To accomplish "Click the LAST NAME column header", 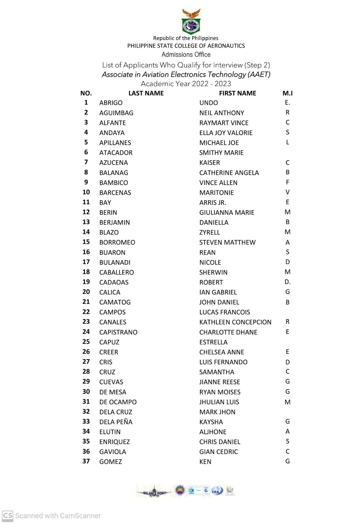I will (146, 93).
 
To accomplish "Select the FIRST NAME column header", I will (237, 93).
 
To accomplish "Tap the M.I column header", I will (287, 93).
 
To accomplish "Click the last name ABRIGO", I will (111, 103).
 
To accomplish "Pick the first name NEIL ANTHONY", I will (221, 113).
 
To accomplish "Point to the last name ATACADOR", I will (116, 153).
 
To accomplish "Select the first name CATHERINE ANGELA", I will (229, 173).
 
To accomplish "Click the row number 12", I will (86, 212).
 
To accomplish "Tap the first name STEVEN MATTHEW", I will (227, 242).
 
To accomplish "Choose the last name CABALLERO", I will (117, 272).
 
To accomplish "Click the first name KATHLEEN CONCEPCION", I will (235, 322).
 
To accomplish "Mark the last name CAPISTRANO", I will (118, 332).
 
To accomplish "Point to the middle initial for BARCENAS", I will (288, 192).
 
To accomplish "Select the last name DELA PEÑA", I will (116, 422).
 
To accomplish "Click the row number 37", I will (86, 461).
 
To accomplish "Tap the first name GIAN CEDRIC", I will (218, 452).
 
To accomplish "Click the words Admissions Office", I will (186, 54).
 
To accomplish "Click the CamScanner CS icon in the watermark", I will (7, 515).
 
